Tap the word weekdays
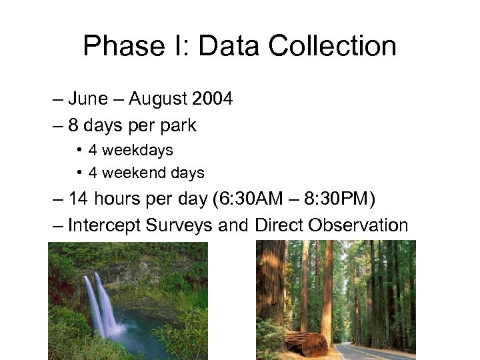pos(136,151)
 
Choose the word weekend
pos(131,173)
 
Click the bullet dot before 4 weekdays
pos(79,151)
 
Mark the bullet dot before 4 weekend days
pos(79,173)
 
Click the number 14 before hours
pos(79,199)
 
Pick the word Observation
pos(358,225)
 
